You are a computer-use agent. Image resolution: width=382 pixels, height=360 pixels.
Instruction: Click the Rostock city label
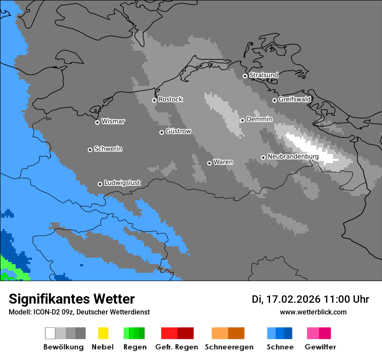click(x=170, y=99)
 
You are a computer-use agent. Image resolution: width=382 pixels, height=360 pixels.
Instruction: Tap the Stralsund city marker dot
click(x=245, y=76)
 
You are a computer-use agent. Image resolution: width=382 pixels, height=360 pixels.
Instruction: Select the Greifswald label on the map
click(x=294, y=99)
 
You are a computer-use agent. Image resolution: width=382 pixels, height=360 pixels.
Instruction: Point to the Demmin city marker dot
click(x=242, y=120)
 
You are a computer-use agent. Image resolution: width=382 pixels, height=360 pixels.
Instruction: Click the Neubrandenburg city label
click(x=293, y=157)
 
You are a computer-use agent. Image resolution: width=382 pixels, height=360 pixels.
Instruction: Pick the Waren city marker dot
click(x=209, y=163)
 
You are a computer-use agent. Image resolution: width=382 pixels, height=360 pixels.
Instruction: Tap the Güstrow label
click(x=178, y=131)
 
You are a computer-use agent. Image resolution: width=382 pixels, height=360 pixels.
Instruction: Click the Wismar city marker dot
click(x=97, y=122)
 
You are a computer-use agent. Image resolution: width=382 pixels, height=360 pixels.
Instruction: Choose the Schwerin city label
click(x=108, y=149)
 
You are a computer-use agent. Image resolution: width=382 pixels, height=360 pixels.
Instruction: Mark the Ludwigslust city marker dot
click(x=100, y=184)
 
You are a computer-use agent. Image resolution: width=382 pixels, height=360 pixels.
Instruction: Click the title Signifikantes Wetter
click(x=72, y=299)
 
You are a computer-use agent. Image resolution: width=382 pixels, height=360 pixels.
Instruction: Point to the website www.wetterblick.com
click(x=313, y=312)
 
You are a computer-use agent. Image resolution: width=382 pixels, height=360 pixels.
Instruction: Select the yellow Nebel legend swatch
click(x=103, y=333)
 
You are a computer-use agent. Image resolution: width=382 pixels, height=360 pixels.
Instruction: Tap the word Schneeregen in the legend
click(x=229, y=347)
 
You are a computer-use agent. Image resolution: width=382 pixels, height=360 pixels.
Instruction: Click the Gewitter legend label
click(x=320, y=347)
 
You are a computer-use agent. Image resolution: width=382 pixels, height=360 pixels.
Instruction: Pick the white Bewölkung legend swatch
click(x=50, y=333)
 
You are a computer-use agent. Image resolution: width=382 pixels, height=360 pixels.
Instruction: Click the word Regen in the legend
click(x=135, y=347)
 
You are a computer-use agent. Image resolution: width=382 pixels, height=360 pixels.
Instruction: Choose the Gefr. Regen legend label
click(x=176, y=347)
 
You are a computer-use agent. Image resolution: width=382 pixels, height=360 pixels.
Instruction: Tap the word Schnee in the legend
click(x=280, y=347)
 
